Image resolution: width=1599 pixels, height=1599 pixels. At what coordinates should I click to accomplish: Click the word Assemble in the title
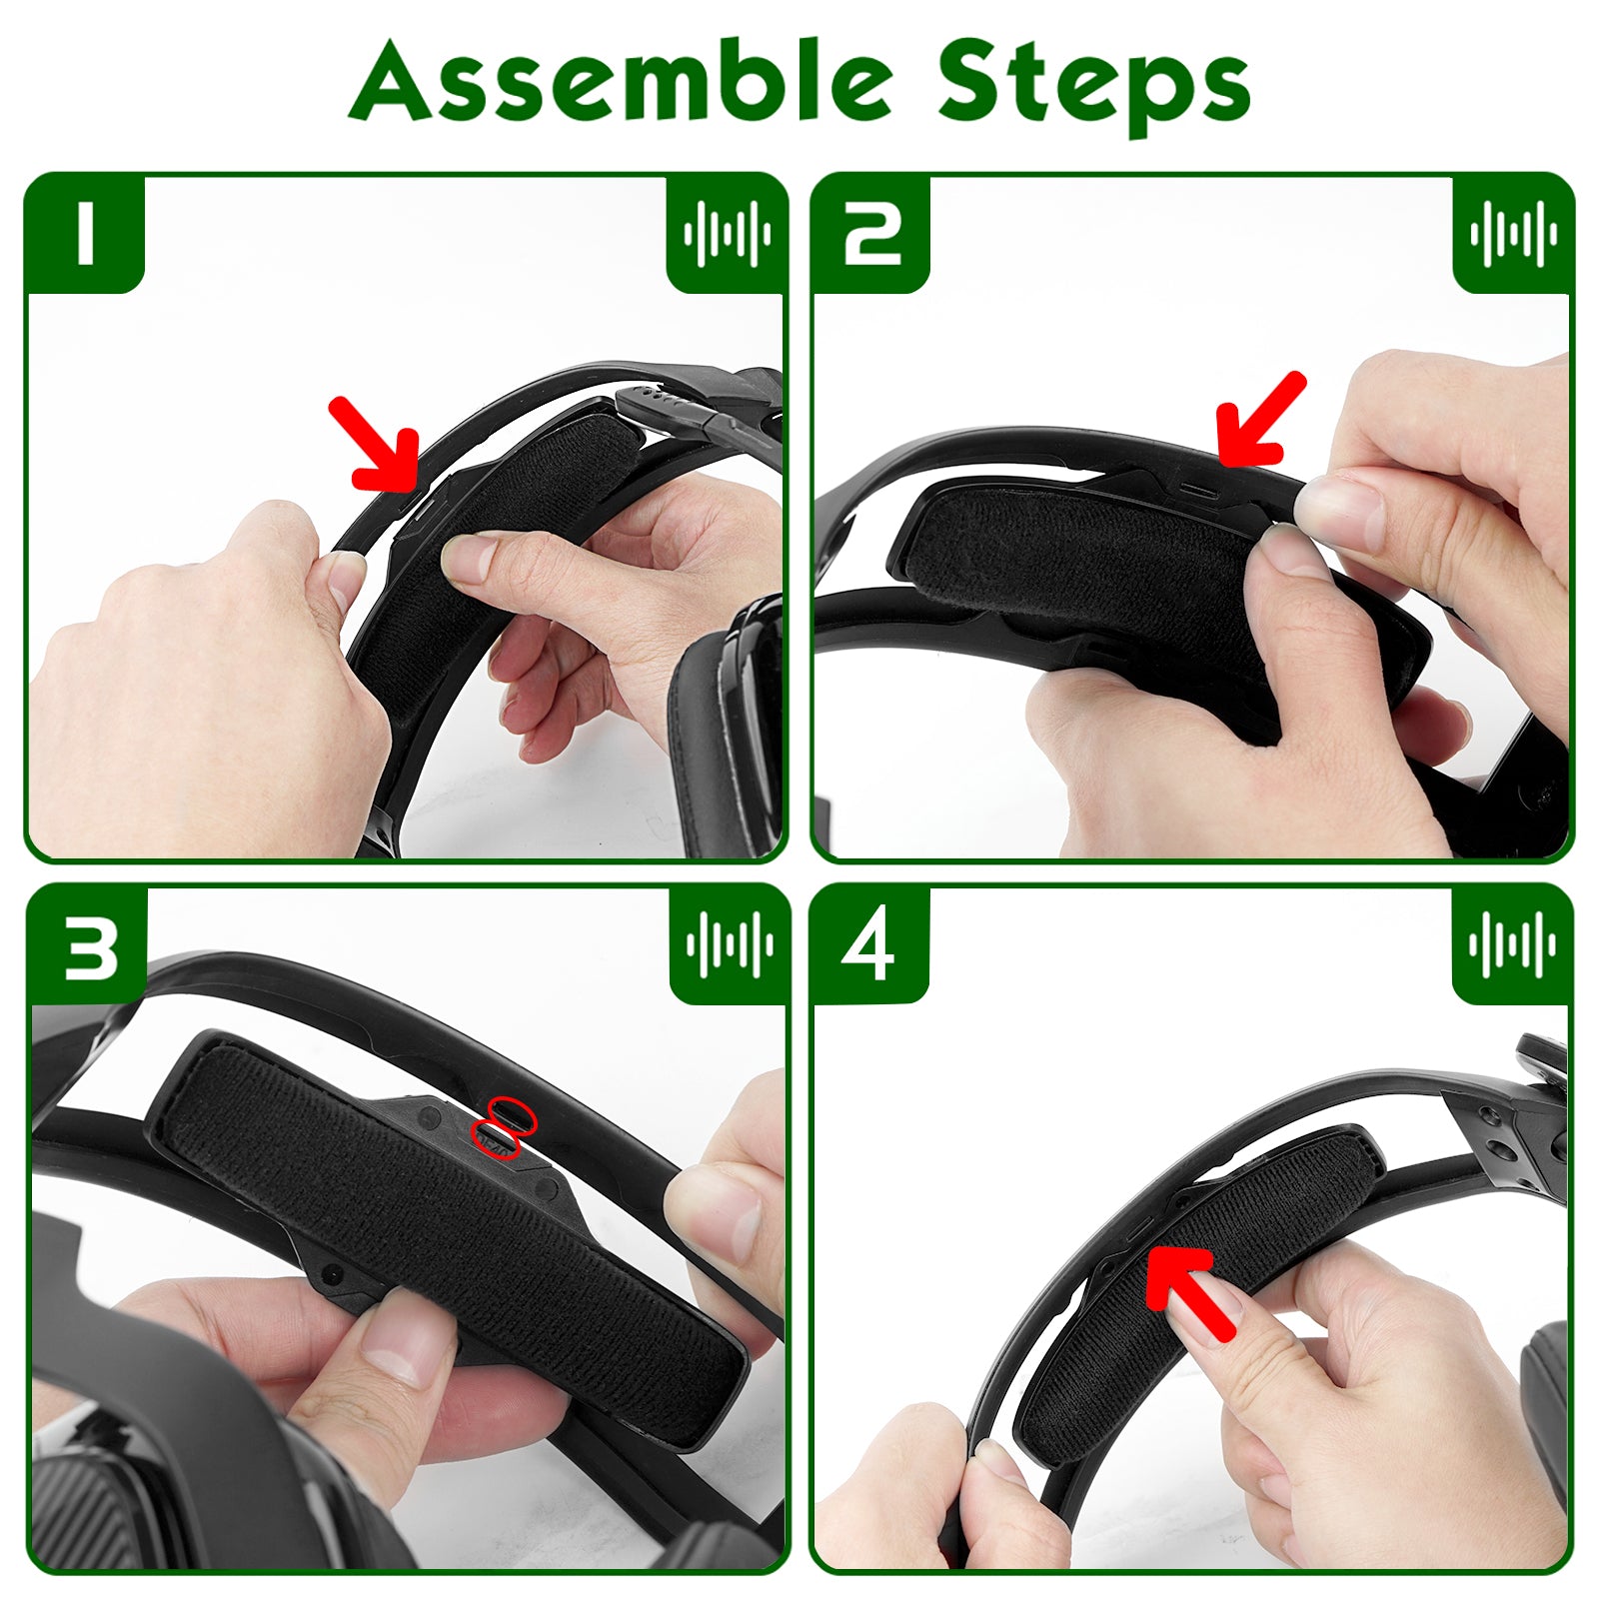(x=620, y=80)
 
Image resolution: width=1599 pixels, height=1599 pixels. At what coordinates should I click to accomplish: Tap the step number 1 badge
(x=86, y=234)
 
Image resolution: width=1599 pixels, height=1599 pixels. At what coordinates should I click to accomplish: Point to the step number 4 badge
(x=868, y=945)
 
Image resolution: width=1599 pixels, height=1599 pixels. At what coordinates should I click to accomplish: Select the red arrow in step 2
(x=1259, y=420)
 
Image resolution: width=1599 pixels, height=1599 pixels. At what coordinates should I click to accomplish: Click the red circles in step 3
(x=505, y=1127)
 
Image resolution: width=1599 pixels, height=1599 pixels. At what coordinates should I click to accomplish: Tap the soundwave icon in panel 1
(x=727, y=234)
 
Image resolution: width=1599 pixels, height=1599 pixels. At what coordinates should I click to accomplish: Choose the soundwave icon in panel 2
(x=1513, y=234)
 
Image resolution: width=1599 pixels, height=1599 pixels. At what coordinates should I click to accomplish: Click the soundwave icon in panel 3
(x=730, y=944)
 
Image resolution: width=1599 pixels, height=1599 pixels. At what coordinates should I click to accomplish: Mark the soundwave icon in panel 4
(x=1512, y=944)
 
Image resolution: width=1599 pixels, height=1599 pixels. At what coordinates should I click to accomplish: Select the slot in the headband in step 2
(x=1200, y=493)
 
